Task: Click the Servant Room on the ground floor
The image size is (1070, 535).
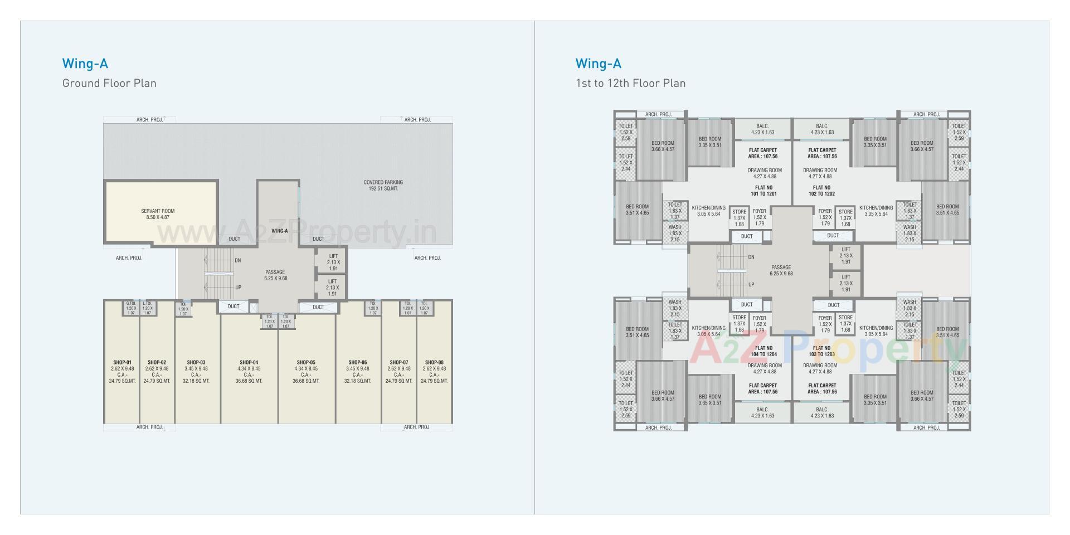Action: tap(158, 214)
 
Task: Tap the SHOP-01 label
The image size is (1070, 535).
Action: tap(122, 362)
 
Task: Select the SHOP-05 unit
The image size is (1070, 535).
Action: tap(306, 368)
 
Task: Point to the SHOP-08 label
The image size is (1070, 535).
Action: tap(434, 362)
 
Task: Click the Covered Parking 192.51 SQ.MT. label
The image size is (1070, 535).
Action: tap(383, 186)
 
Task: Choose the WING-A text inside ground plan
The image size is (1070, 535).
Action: tap(279, 231)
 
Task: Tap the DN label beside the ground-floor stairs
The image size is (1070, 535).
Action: tap(238, 260)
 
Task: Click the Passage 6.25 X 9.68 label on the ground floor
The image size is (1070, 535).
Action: tap(275, 275)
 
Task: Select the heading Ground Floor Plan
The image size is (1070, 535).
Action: tap(109, 83)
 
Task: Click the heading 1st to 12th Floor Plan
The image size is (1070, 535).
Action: tap(630, 83)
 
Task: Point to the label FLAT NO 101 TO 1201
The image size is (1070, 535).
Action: tap(763, 191)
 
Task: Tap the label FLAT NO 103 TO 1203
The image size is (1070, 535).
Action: tap(821, 351)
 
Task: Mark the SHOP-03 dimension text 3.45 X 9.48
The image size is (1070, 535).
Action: tap(196, 368)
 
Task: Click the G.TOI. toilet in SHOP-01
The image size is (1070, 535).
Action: tap(131, 308)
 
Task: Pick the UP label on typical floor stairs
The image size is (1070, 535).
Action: tap(751, 285)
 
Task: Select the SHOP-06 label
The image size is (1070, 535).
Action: tap(357, 362)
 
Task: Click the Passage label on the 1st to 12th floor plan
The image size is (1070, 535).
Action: tap(781, 270)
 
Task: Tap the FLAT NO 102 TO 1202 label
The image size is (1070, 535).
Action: tap(821, 191)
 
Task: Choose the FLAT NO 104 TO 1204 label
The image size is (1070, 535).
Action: tap(763, 351)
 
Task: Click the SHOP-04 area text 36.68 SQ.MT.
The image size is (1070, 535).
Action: tap(249, 381)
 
